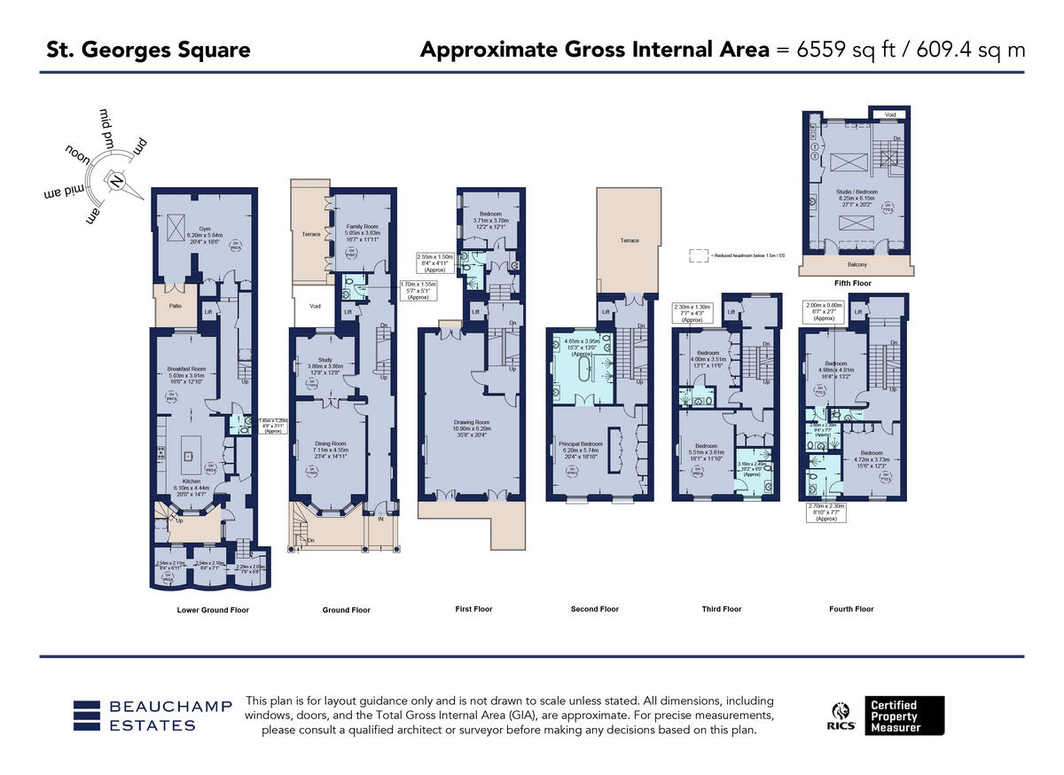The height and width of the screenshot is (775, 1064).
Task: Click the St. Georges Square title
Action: pyautogui.click(x=148, y=50)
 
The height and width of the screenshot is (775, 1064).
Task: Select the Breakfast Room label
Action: pyautogui.click(x=186, y=368)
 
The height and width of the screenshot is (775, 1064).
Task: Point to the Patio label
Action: pyautogui.click(x=176, y=306)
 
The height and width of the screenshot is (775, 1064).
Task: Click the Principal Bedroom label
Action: pyautogui.click(x=580, y=442)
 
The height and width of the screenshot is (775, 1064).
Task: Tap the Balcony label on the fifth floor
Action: pyautogui.click(x=856, y=264)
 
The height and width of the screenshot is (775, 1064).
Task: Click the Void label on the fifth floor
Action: pyautogui.click(x=889, y=115)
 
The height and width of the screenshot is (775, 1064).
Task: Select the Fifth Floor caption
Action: pyautogui.click(x=853, y=284)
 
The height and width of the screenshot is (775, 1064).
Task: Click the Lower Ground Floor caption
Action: pyautogui.click(x=213, y=610)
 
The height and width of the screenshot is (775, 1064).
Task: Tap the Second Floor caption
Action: pyautogui.click(x=595, y=609)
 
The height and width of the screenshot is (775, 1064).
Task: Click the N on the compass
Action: pyautogui.click(x=116, y=181)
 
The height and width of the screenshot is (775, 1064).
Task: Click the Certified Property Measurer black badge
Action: pyautogui.click(x=904, y=716)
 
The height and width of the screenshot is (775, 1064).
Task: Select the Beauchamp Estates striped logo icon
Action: pyautogui.click(x=86, y=716)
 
